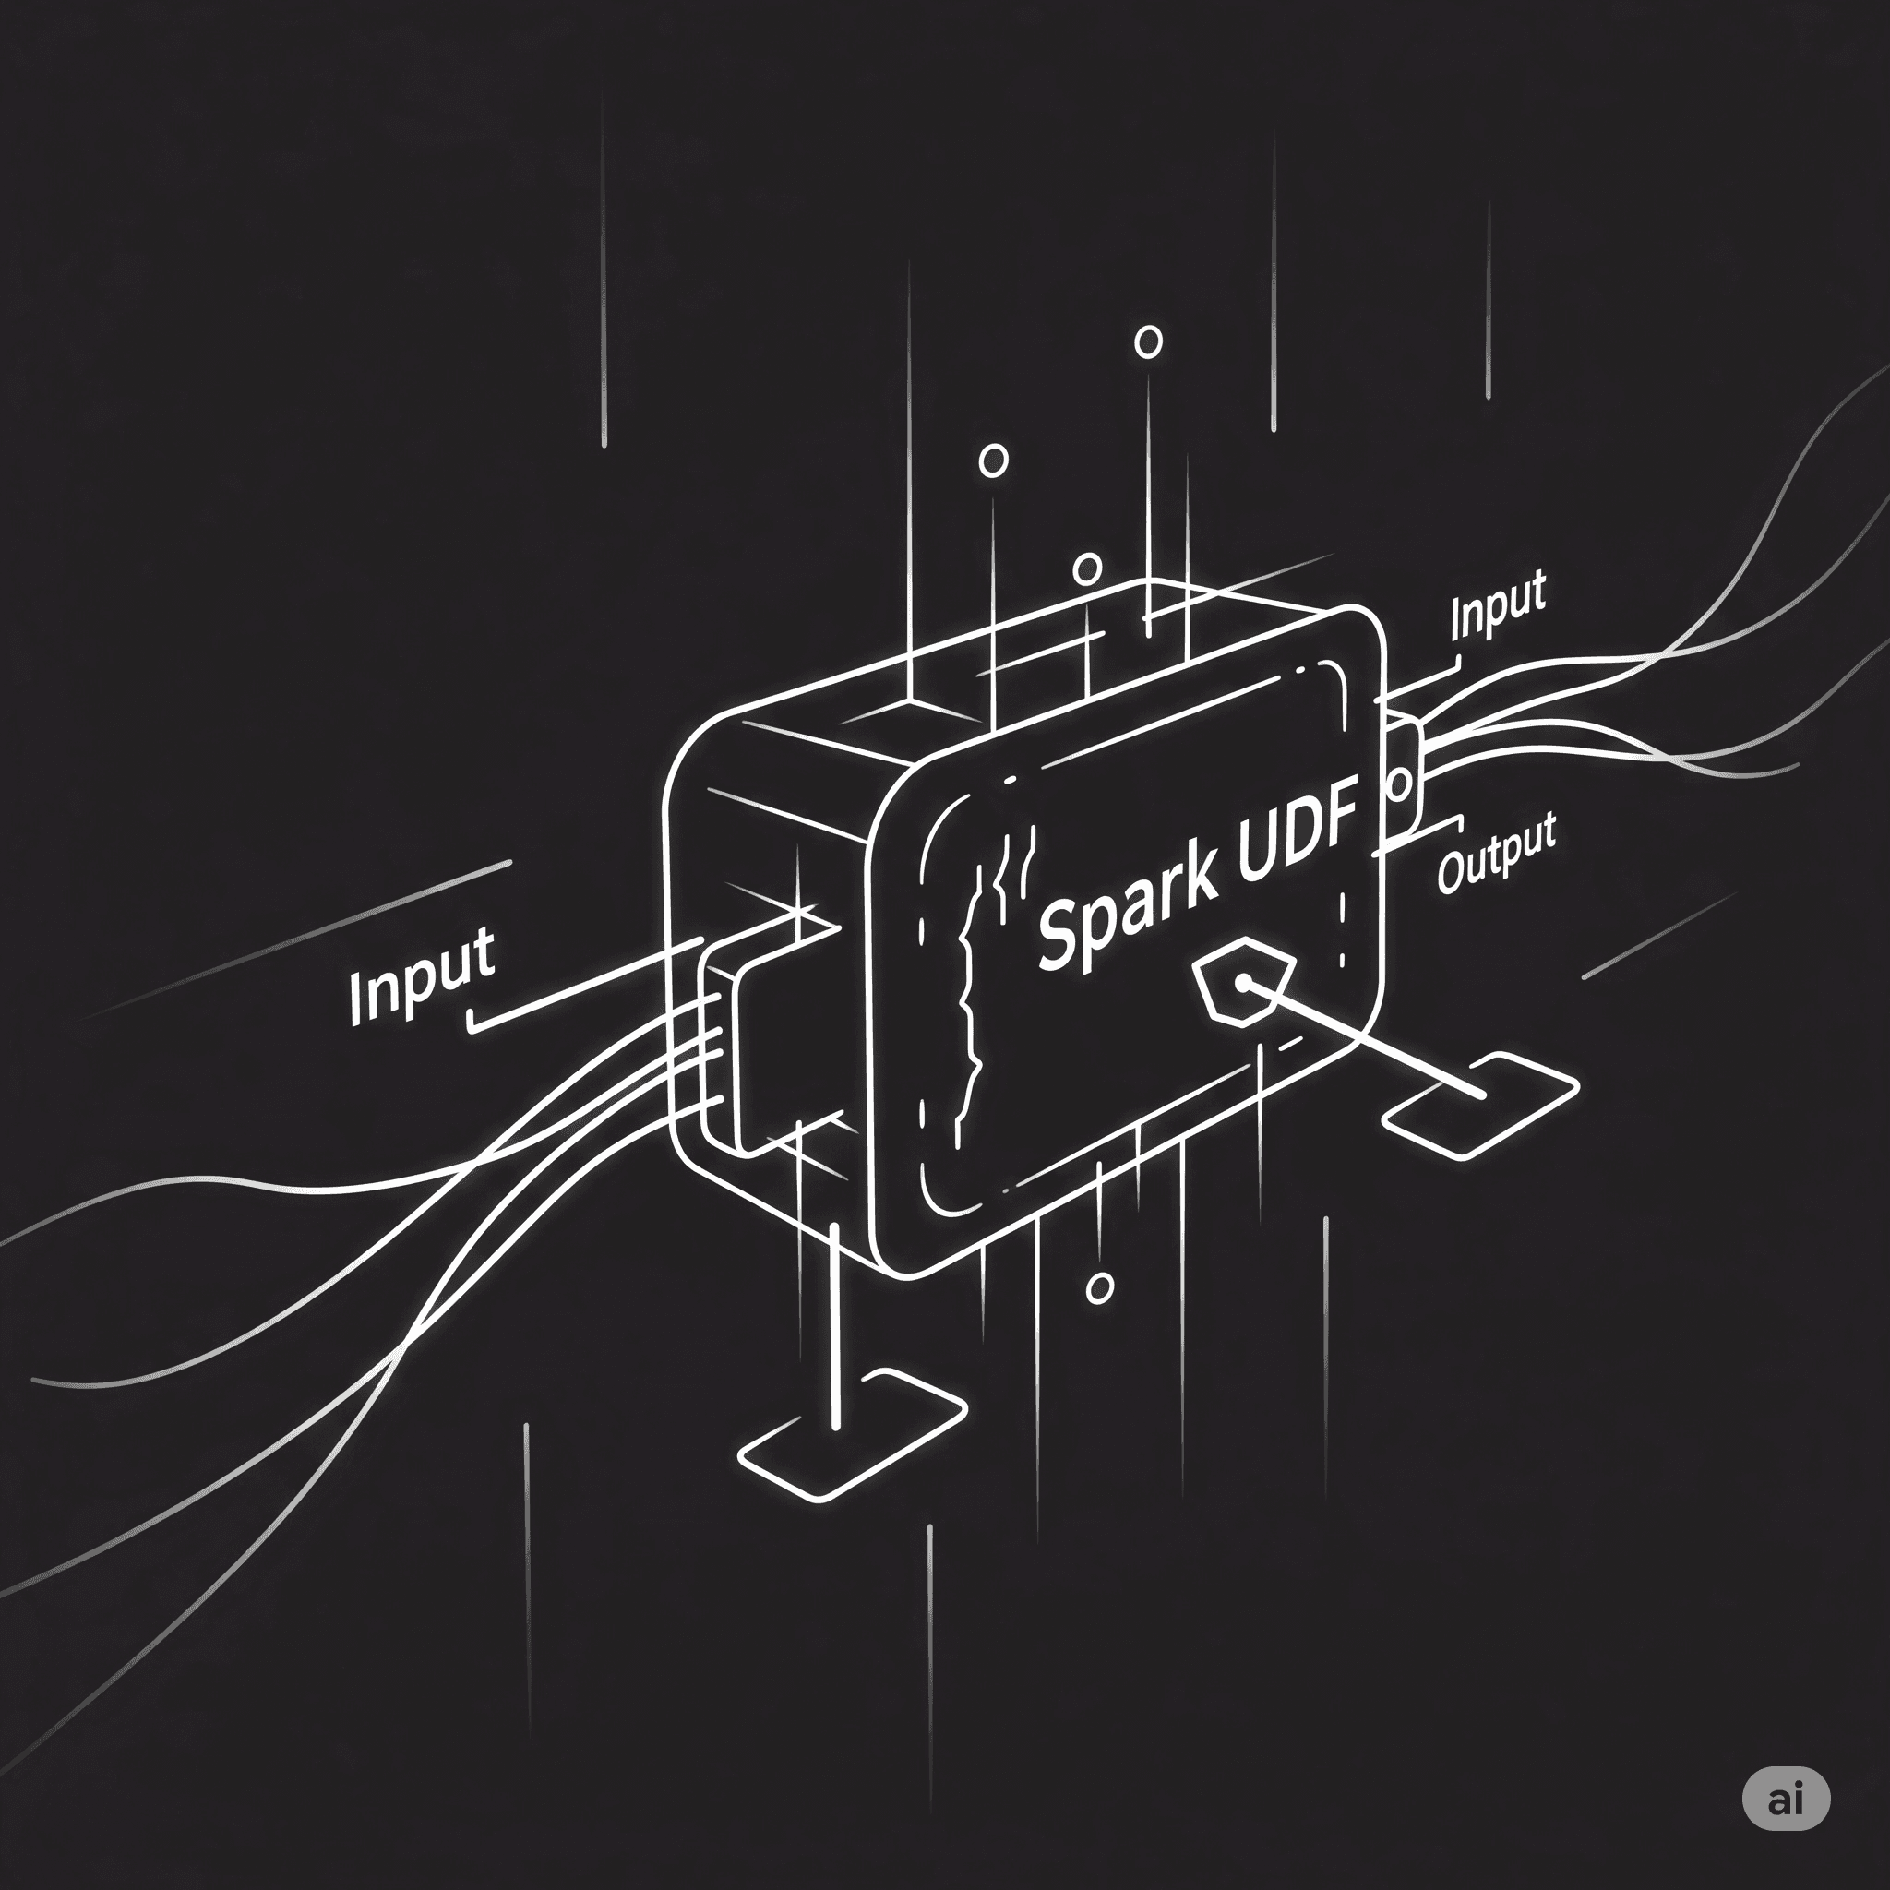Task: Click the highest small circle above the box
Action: (x=1147, y=342)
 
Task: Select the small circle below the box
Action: (x=1101, y=1288)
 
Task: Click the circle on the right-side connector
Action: (x=1400, y=784)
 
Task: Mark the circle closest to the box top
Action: (x=1088, y=568)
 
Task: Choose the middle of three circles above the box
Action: (x=993, y=460)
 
